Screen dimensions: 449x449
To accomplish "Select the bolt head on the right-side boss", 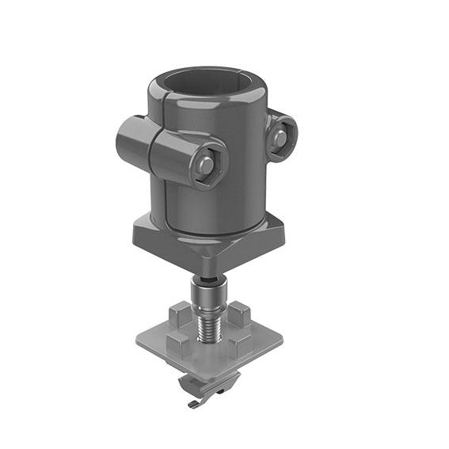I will pos(279,138).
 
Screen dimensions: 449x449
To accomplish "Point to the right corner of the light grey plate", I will pos(280,341).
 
